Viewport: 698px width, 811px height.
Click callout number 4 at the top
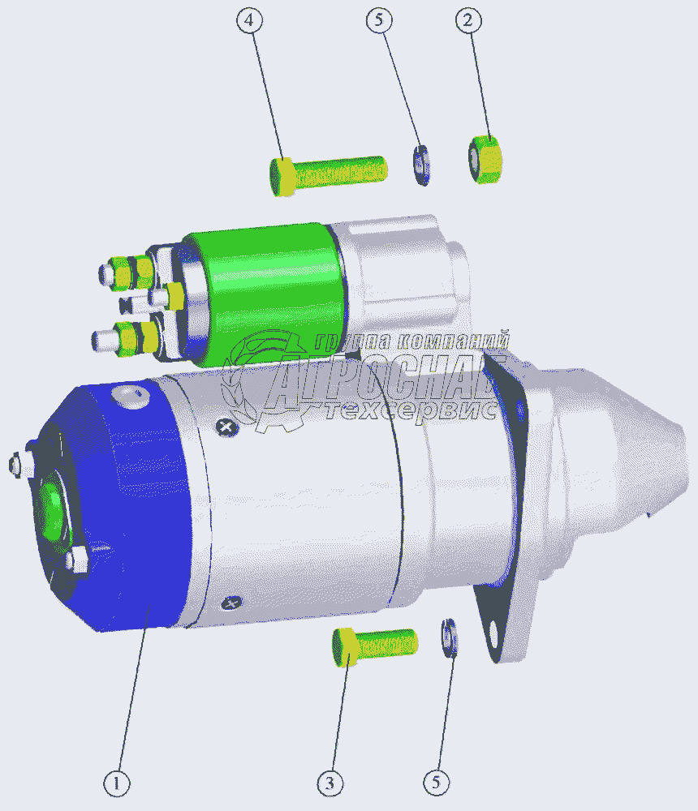[x=249, y=21]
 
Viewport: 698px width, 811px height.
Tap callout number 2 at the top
[x=468, y=21]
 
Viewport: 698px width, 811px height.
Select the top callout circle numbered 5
[x=379, y=20]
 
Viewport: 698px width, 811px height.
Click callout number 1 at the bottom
[x=117, y=783]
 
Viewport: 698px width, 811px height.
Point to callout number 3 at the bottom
[x=330, y=783]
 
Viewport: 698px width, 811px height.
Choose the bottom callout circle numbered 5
[x=436, y=782]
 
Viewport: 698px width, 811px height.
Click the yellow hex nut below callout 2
[x=485, y=159]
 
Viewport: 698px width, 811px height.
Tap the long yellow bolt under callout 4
[x=328, y=175]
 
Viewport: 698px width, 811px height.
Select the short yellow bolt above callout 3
[x=374, y=646]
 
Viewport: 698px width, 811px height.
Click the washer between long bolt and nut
[x=421, y=165]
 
